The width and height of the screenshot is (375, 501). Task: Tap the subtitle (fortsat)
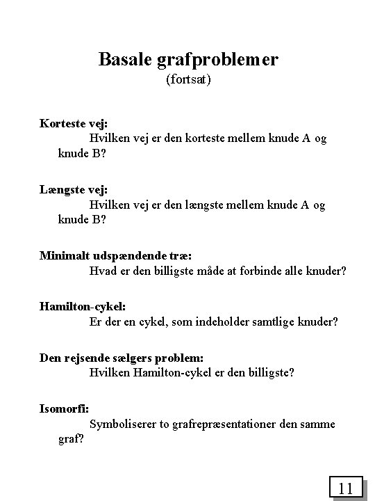tap(188, 81)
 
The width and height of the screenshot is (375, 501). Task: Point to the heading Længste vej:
tap(73, 190)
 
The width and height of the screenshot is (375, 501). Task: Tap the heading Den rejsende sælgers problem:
tap(122, 358)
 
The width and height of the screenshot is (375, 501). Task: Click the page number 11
tap(347, 488)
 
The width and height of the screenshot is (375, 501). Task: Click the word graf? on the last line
tap(72, 439)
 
